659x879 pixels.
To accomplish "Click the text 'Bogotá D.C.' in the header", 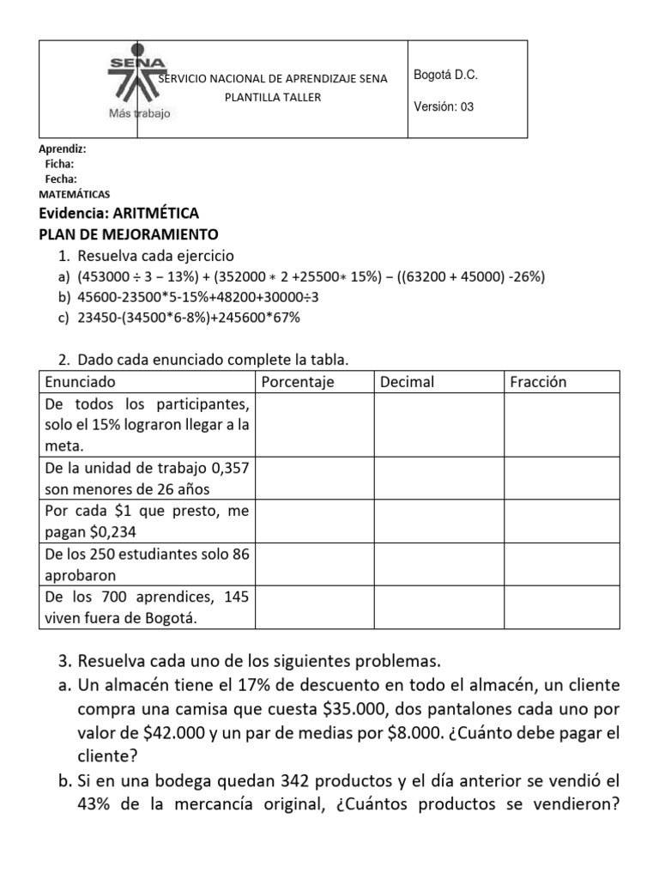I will point(445,76).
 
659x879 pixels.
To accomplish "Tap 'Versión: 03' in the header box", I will point(444,107).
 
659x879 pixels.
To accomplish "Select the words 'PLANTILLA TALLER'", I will point(273,97).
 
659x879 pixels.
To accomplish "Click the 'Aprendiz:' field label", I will point(63,149).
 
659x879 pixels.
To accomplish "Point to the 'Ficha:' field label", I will point(59,164).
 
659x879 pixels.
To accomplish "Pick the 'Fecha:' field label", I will point(61,179).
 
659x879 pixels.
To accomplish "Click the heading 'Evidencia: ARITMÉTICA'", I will point(119,214).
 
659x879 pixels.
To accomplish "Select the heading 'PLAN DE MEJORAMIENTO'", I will point(130,234).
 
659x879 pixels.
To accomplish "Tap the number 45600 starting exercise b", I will point(94,297).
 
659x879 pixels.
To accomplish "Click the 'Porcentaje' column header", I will point(297,382).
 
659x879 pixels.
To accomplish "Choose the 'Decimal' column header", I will point(408,382).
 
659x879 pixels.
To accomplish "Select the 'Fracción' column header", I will point(538,382).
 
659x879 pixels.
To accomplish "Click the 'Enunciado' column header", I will point(80,382).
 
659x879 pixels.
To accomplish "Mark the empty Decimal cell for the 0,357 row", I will point(438,479).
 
